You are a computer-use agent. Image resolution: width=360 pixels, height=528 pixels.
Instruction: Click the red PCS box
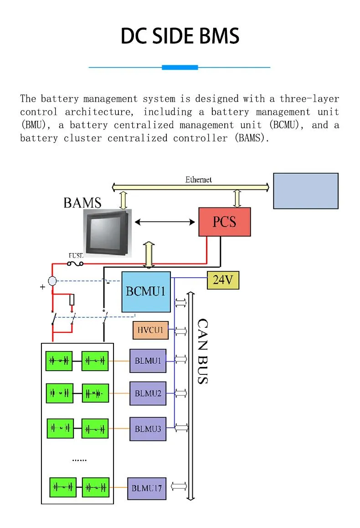tap(224, 222)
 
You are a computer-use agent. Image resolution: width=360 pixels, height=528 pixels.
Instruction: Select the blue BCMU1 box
tap(146, 292)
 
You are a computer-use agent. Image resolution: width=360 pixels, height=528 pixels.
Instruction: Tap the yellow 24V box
tap(223, 280)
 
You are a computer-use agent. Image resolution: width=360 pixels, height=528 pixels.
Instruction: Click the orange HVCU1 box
tap(150, 330)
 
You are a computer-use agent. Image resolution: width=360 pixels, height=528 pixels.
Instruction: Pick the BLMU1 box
tap(148, 361)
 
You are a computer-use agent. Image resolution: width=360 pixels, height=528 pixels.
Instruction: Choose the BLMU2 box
tap(148, 393)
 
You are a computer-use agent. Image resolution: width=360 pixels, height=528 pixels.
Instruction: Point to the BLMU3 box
tap(148, 429)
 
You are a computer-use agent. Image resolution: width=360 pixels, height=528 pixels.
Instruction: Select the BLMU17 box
tap(146, 488)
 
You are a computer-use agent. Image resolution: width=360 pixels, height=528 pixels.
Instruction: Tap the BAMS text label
tap(82, 202)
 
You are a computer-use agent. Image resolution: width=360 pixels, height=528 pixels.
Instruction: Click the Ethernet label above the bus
tap(198, 180)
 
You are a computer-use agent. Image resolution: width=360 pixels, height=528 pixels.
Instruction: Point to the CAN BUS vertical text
tap(202, 351)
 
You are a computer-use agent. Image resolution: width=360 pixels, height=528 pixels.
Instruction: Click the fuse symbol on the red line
tap(75, 264)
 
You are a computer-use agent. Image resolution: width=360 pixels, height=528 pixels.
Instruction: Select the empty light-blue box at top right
tap(305, 191)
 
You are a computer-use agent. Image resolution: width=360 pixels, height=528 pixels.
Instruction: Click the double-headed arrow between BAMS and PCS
tap(165, 222)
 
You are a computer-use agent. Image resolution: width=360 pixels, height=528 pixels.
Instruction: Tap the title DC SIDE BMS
tap(180, 36)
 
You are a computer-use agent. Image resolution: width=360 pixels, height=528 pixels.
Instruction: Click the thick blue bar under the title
tap(180, 67)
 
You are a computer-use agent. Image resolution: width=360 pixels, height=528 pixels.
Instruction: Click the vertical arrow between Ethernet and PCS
tap(237, 198)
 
